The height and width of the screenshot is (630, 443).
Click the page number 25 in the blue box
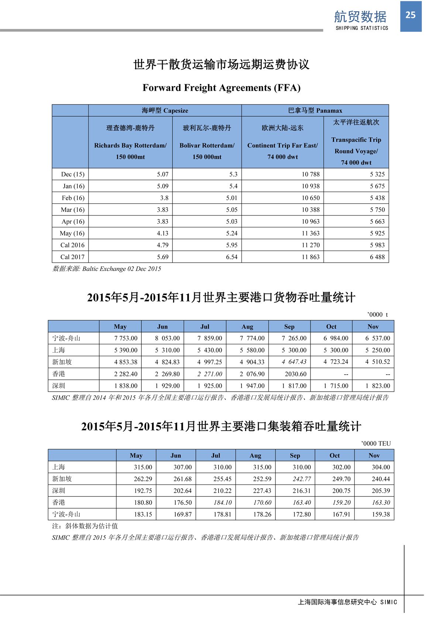click(411, 15)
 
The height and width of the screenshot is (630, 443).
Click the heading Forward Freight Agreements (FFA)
click(221, 88)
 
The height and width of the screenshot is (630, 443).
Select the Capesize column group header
click(165, 110)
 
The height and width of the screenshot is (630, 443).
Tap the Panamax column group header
click(315, 110)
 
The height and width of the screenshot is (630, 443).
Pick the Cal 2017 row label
click(72, 257)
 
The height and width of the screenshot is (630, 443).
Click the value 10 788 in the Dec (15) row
click(310, 174)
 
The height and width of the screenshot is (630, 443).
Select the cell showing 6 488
click(377, 257)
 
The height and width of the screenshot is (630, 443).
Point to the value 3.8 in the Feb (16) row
click(164, 198)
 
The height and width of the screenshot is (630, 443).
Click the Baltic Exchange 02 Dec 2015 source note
click(107, 269)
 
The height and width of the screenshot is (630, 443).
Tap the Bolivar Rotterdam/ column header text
click(207, 145)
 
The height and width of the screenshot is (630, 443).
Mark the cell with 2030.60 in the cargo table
click(295, 374)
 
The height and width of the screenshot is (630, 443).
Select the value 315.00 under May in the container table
click(143, 467)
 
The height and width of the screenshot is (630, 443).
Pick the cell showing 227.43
click(262, 491)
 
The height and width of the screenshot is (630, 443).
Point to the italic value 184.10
click(223, 503)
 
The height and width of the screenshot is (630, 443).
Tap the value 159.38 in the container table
click(380, 514)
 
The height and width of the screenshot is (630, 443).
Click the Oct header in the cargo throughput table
click(331, 327)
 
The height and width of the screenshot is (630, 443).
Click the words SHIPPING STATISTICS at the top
click(362, 28)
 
